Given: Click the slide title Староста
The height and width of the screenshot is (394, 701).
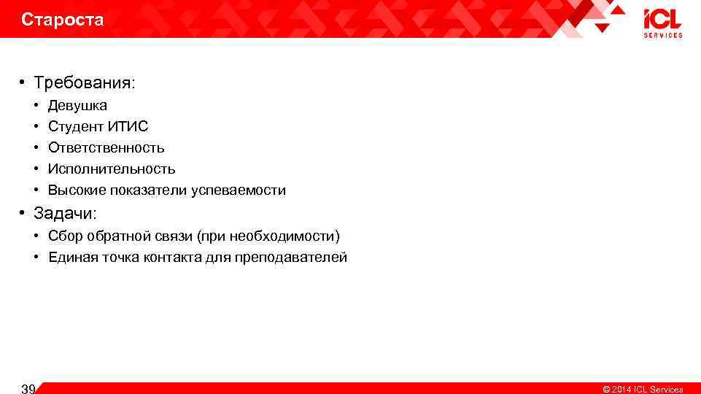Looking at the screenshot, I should coord(63,20).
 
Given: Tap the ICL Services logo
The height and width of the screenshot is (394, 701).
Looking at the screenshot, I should coord(662,23).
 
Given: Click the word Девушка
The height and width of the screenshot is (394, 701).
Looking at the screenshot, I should coord(77,106).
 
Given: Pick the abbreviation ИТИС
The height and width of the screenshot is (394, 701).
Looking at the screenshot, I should coord(133,127).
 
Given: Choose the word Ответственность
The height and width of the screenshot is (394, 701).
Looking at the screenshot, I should coord(106,148).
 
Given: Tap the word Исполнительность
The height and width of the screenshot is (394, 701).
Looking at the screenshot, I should coord(112,169).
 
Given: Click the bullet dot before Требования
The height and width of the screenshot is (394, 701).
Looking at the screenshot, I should coord(24,84).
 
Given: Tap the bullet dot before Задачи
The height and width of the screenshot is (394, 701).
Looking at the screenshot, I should coord(24,214).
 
